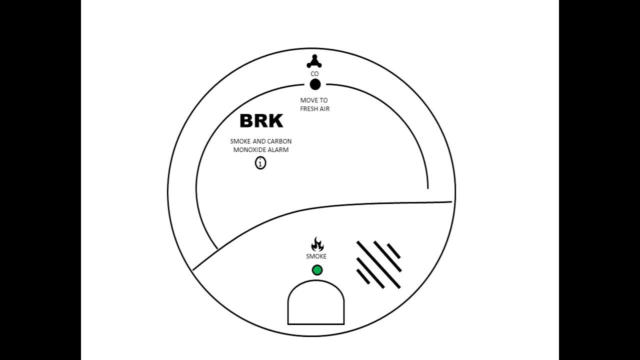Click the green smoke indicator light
[x=317, y=270]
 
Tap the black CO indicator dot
[x=315, y=84]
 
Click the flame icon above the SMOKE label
[x=317, y=244]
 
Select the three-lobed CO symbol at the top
[x=314, y=62]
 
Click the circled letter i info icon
[x=260, y=163]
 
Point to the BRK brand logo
[x=261, y=121]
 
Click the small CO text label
[x=314, y=74]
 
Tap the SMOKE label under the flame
[x=316, y=256]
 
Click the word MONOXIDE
[x=249, y=149]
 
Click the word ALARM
[x=278, y=149]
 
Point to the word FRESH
[x=308, y=108]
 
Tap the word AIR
[x=324, y=108]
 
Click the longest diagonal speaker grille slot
[x=378, y=265]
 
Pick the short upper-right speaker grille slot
[x=394, y=251]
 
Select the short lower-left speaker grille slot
[x=363, y=276]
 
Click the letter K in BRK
[x=275, y=121]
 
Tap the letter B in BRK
[x=247, y=121]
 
